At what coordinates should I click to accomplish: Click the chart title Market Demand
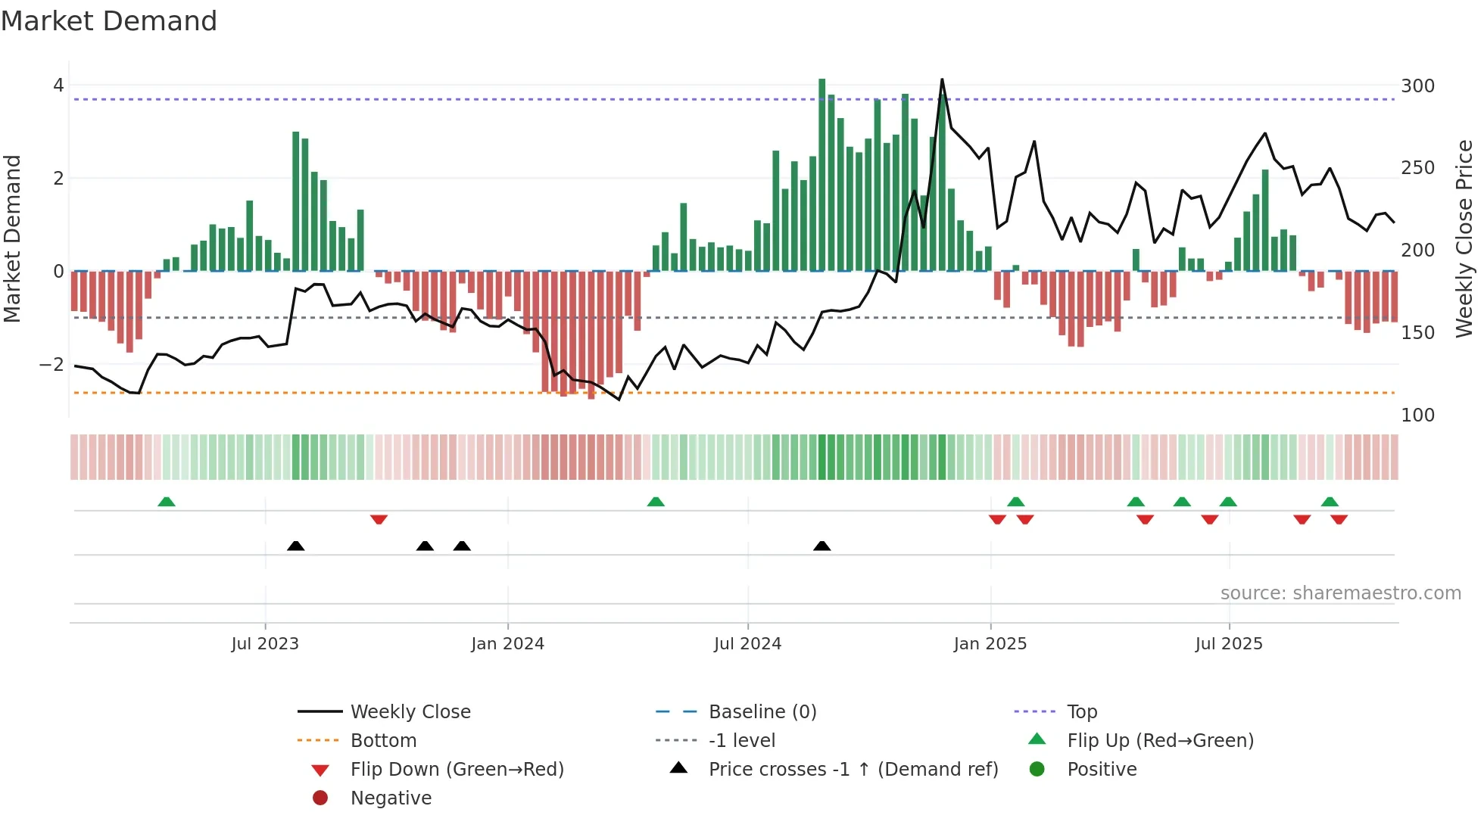[x=109, y=21]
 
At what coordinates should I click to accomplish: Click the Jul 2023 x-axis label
[x=265, y=644]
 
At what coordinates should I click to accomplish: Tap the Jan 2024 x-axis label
[x=507, y=644]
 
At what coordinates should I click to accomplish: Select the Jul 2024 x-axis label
[x=747, y=644]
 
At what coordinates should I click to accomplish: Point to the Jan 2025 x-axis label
[x=990, y=644]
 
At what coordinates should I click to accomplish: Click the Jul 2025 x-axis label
[x=1229, y=644]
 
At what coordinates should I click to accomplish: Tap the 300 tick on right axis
[x=1417, y=86]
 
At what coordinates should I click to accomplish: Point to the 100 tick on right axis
[x=1417, y=415]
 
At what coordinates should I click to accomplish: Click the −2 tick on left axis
[x=51, y=365]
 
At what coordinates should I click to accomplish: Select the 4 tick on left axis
[x=58, y=86]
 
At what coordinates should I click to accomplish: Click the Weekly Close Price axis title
[x=1464, y=238]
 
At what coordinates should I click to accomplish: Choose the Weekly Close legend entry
[x=410, y=712]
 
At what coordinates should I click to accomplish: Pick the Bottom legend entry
[x=383, y=741]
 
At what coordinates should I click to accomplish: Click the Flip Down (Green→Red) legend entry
[x=457, y=770]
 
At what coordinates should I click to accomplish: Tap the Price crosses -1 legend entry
[x=853, y=770]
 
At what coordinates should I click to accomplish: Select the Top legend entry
[x=1082, y=712]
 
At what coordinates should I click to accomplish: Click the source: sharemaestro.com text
[x=1340, y=593]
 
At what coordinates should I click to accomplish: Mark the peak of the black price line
[x=942, y=79]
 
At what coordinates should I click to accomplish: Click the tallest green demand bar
[x=821, y=174]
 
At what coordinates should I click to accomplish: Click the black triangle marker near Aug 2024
[x=821, y=546]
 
